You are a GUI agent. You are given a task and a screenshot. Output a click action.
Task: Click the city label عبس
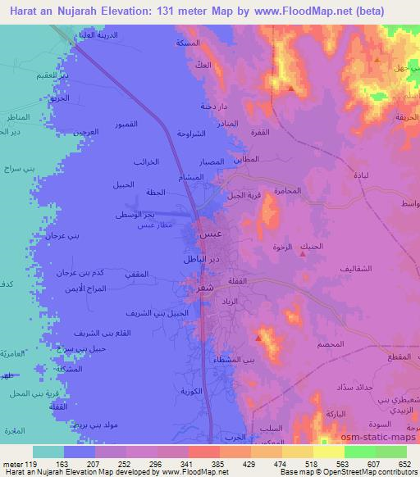(x=210, y=234)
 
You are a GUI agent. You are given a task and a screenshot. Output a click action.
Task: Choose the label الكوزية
(x=192, y=391)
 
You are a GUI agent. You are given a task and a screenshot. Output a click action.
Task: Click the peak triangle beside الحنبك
(x=304, y=254)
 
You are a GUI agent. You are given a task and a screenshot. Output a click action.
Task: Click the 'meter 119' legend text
(x=21, y=463)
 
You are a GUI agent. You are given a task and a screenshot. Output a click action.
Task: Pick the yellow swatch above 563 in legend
(x=329, y=452)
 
